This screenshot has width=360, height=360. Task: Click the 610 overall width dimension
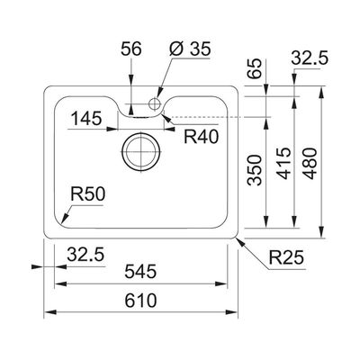140,301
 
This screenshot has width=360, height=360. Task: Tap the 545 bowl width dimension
140,272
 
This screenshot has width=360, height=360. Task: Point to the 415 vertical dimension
283,164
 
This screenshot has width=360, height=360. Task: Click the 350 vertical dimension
255,170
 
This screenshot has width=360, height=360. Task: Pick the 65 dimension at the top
255,68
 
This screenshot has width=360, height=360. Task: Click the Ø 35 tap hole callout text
190,49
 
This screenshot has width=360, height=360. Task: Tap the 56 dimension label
131,49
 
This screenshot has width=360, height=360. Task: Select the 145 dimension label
86,118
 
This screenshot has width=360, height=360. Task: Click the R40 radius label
202,137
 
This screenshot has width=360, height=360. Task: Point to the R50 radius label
88,193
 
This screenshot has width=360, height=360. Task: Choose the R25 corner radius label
286,257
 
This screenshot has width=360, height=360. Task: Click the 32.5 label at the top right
310,58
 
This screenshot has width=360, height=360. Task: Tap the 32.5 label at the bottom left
85,255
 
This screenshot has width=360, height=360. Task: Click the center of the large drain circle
140,151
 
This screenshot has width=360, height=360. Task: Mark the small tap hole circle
155,104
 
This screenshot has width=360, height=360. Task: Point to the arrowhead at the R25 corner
241,243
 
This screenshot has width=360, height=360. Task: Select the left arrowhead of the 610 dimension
50,312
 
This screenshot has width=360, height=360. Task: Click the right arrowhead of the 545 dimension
221,283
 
